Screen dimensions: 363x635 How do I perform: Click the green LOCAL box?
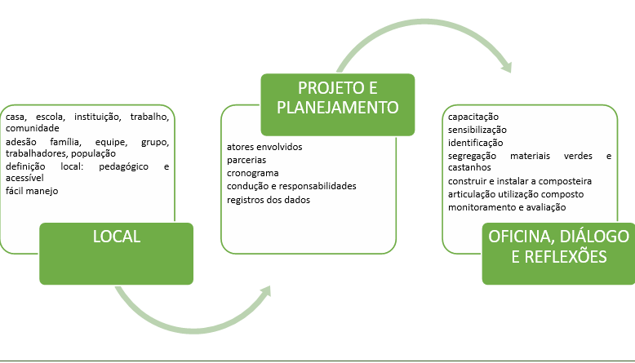tap(118, 252)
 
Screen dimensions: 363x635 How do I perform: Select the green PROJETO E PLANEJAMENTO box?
tap(337, 104)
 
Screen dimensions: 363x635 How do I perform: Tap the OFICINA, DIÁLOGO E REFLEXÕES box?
tap(558, 253)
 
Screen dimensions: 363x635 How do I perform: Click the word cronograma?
tap(253, 173)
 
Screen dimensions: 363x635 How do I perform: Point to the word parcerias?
tap(246, 160)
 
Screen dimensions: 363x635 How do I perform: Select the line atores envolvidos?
tap(264, 147)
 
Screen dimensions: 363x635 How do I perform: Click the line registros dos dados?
tap(269, 199)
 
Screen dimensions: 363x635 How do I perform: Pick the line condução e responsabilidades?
tap(291, 186)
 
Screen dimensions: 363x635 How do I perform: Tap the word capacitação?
tap(473, 117)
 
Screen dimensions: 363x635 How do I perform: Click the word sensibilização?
tap(477, 130)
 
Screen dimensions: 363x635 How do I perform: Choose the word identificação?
tap(475, 143)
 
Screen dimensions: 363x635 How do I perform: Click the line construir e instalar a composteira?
tap(520, 180)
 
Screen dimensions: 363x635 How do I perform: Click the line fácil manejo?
tap(32, 191)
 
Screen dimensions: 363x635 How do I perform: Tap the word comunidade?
tap(33, 128)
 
